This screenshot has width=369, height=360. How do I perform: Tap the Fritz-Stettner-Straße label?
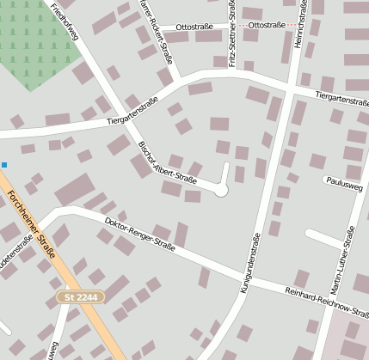point(232,33)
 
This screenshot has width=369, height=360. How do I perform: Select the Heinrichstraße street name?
point(299,25)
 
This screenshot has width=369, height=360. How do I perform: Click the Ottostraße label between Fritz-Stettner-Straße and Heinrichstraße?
point(266,26)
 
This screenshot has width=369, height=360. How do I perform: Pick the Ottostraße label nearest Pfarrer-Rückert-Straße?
point(194,27)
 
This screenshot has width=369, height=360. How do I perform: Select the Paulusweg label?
point(343,180)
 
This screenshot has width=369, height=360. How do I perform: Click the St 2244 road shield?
point(81,297)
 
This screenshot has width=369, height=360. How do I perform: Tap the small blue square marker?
point(3,164)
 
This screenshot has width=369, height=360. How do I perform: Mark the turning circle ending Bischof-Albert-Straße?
point(221,190)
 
